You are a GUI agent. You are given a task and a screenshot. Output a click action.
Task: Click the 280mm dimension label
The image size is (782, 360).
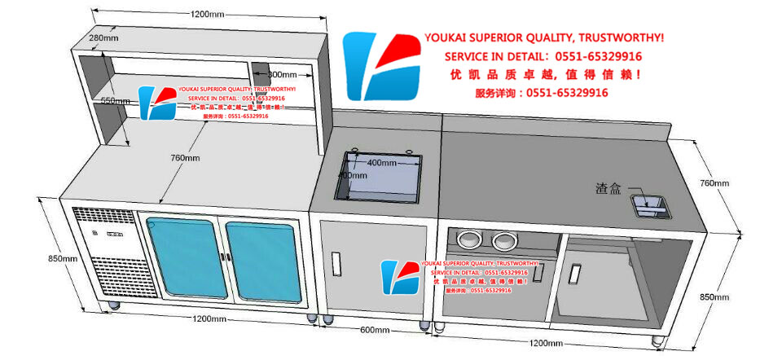[x=104, y=37]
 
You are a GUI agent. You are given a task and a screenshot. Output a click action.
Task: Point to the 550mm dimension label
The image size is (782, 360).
[x=115, y=101]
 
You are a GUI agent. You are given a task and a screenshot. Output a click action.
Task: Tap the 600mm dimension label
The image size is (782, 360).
[x=374, y=330]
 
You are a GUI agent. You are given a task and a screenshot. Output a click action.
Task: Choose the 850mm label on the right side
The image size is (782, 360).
[x=714, y=297]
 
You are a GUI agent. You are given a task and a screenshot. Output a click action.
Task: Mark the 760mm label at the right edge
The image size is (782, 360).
[x=714, y=183]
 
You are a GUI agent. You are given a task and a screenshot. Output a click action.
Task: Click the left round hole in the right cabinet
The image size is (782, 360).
[x=470, y=239]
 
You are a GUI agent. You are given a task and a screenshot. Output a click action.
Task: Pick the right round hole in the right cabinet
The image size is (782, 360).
[x=505, y=240]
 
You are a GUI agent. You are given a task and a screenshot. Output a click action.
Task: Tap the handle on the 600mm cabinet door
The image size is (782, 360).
[x=336, y=264]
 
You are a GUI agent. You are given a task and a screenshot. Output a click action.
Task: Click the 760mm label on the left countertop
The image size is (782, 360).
[x=187, y=158]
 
